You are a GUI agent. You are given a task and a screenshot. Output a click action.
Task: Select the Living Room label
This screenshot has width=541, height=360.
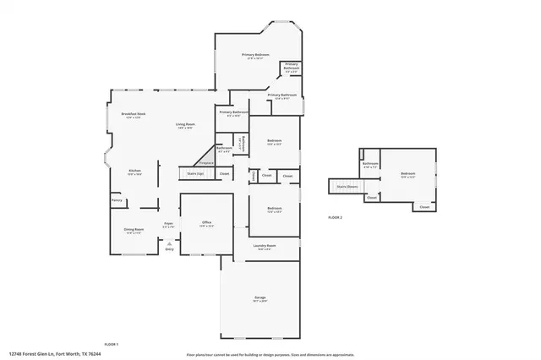(x=185, y=124)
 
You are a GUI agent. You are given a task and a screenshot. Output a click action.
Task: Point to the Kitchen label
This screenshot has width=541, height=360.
(x=134, y=170)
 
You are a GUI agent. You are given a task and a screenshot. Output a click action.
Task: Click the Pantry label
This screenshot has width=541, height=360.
(x=117, y=200)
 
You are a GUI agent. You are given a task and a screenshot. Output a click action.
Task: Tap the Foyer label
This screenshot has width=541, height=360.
(x=169, y=223)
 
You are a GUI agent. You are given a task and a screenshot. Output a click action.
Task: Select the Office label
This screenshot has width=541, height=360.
(x=206, y=222)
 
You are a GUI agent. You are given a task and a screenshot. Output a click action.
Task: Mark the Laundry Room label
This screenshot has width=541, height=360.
(x=265, y=245)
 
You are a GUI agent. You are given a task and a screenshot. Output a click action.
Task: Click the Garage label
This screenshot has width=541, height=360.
(x=260, y=297)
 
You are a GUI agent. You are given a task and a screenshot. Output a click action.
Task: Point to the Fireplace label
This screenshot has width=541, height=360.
(x=205, y=163)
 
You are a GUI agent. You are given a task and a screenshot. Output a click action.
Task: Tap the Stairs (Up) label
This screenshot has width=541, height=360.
(x=196, y=174)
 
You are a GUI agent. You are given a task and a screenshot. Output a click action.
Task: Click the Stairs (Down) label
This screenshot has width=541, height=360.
(x=347, y=186)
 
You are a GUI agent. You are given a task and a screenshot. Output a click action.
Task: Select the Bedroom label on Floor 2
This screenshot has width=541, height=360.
(x=408, y=174)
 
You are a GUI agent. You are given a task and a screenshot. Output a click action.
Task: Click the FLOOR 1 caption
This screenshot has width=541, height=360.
(x=111, y=344)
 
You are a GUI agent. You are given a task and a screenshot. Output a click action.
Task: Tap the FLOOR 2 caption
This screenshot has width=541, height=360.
(x=336, y=217)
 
